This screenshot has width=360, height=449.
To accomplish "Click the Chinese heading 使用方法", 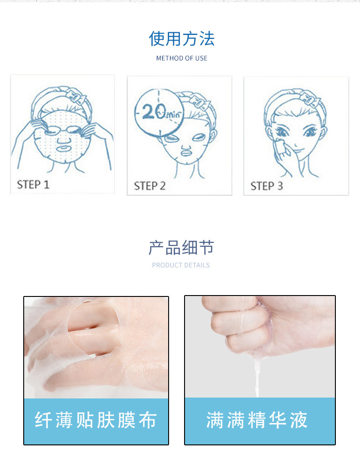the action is (182, 39).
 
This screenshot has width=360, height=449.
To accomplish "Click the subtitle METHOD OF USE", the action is (182, 58).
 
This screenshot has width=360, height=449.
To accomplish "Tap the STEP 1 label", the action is (33, 185).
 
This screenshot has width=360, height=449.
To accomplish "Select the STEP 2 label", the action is (149, 186).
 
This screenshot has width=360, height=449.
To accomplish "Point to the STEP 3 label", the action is (267, 186).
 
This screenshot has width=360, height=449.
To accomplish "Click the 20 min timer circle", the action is (159, 112).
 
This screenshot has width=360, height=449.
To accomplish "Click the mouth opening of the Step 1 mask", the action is (63, 149).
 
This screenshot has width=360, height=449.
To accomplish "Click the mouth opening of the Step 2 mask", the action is (186, 153).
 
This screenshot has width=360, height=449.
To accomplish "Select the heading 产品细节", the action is (181, 247).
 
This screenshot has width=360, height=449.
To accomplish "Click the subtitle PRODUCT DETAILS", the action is (181, 265).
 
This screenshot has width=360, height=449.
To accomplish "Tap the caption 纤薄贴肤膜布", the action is (96, 420).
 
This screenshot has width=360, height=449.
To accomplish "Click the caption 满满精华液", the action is (257, 420).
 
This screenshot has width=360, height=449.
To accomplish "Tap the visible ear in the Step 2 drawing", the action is (212, 136).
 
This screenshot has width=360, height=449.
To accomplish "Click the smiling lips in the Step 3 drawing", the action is (298, 151).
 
